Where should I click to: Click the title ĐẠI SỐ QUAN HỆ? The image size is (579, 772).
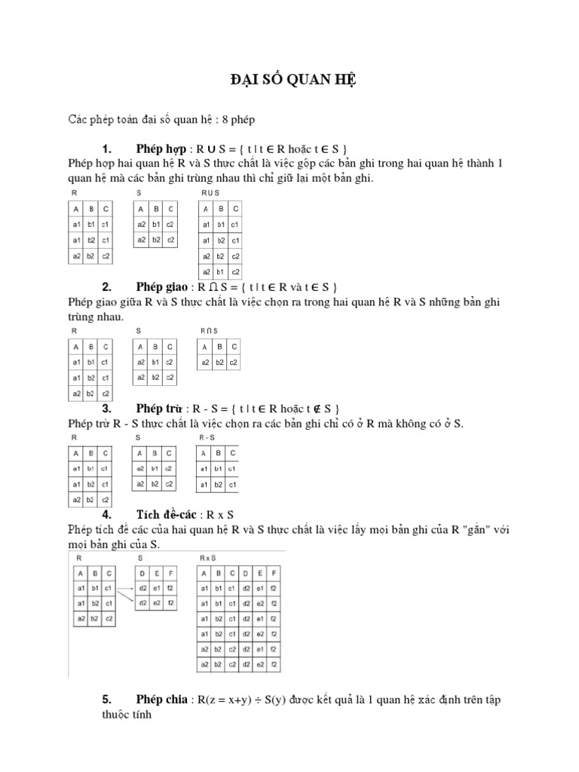tap(289, 81)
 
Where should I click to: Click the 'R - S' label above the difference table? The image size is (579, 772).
tap(207, 437)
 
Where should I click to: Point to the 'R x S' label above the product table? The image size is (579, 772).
tap(208, 558)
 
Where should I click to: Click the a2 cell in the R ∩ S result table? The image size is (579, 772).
tap(204, 363)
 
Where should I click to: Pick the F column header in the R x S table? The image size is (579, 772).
tap(276, 573)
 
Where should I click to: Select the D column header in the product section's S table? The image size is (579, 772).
tap(142, 573)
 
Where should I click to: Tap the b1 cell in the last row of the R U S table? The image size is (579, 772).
tap(220, 271)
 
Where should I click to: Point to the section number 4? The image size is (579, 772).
tap(106, 514)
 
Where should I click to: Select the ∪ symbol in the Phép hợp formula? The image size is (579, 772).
tap(213, 147)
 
